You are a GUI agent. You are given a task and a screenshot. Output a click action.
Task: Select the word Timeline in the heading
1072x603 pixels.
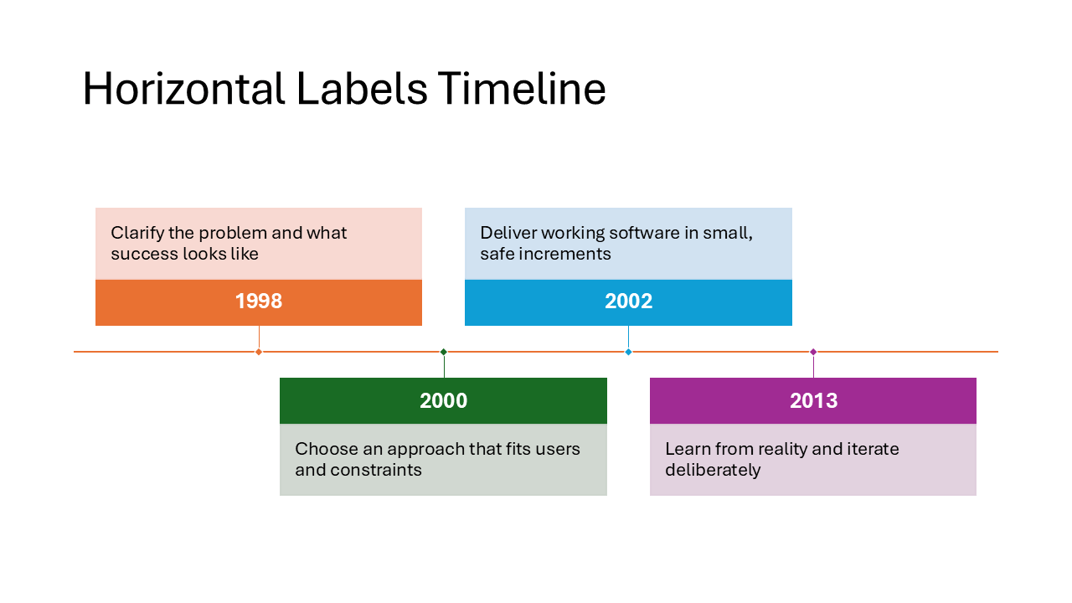[x=521, y=89]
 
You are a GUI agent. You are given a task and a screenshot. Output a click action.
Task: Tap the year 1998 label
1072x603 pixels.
[x=259, y=301]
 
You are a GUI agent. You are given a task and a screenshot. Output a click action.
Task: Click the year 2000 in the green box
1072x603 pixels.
[x=443, y=401]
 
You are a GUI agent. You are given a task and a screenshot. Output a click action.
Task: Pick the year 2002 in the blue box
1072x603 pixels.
[x=628, y=301]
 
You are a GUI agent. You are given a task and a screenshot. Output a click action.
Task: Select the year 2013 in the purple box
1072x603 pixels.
[x=813, y=401]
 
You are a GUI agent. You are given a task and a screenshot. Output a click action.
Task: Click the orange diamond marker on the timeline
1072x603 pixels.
[x=259, y=352]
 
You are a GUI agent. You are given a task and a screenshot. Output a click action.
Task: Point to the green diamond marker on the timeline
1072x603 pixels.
[x=444, y=352]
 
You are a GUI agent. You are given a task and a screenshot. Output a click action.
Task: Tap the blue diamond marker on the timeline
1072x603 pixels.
[x=628, y=352]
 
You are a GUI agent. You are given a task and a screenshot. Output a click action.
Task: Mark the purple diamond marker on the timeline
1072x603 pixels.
[x=813, y=352]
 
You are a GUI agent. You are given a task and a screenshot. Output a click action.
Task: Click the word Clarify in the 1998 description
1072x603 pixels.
[x=135, y=233]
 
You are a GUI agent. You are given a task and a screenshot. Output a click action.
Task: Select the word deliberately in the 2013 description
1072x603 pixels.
[x=713, y=470]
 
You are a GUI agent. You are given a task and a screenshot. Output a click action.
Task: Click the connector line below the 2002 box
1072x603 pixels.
[x=628, y=338]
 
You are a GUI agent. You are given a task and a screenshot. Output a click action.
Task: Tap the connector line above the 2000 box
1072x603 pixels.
[x=444, y=366]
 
